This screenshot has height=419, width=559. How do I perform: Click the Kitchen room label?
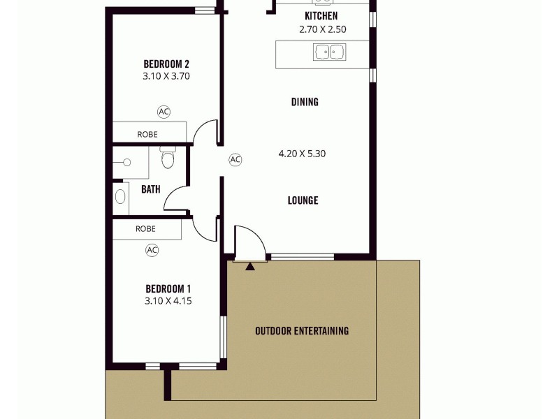[321, 16]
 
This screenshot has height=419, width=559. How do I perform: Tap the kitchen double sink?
[330, 52]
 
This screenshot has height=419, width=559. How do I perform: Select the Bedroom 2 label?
[166, 63]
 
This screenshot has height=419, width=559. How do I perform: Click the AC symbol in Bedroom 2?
[164, 111]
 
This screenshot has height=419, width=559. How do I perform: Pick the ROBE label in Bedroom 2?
[147, 134]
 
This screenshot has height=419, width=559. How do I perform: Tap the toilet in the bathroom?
[167, 160]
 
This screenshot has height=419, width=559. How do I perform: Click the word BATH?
[151, 189]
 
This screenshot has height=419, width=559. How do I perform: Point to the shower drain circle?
[127, 162]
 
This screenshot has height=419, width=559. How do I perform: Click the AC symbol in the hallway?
[235, 160]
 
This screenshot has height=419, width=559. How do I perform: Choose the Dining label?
[305, 102]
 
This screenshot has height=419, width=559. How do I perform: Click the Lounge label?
[303, 200]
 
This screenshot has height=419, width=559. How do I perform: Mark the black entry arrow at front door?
[249, 265]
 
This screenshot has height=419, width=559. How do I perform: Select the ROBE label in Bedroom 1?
[145, 228]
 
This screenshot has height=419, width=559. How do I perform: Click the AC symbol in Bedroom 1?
[152, 249]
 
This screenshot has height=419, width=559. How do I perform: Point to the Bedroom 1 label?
[168, 288]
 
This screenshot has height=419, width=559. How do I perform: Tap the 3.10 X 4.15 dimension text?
[168, 301]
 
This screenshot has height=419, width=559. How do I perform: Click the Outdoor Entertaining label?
[302, 331]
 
